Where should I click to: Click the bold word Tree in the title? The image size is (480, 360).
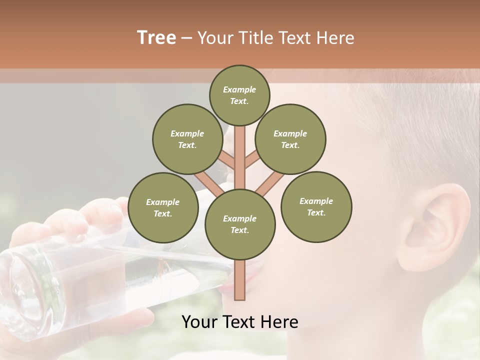156,38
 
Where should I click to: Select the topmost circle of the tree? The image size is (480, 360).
239,95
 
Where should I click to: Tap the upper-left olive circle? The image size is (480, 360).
187,139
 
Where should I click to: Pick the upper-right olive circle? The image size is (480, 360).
290,139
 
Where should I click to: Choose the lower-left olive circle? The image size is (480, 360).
163,207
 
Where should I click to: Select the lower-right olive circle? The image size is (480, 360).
316,206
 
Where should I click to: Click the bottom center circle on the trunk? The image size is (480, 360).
240,224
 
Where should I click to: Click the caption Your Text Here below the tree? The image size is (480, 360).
240,321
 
